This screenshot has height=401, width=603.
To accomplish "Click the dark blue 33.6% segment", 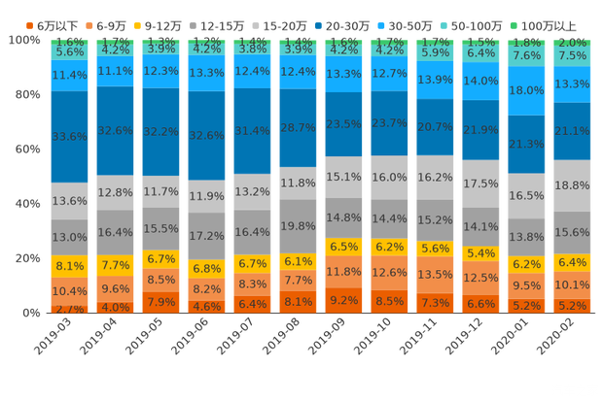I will point(69,136).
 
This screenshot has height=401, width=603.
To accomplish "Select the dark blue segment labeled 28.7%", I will point(298,128).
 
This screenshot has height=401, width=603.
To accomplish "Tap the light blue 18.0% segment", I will point(526,90).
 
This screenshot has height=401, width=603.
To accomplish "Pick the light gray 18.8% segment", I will point(572,185).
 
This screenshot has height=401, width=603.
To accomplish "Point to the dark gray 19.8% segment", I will point(298,226).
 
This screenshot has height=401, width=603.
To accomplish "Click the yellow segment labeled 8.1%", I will point(69,265).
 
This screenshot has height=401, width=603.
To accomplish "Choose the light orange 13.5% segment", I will point(435,274).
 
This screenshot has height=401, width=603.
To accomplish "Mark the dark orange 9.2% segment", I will point(343,300).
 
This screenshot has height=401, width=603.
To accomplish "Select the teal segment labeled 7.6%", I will point(526,56).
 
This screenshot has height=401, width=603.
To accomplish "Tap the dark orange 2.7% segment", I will point(69,309).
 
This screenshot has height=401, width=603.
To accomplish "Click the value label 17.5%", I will point(480,184).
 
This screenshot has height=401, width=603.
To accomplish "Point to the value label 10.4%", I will point(69,291).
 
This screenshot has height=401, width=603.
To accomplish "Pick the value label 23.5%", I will point(343,124).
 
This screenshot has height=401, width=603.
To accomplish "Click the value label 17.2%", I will point(206,236).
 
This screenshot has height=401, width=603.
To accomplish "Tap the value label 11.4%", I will point(69,75).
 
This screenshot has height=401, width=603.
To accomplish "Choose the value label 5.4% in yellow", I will point(480,253).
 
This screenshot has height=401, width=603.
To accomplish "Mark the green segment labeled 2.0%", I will point(572,43).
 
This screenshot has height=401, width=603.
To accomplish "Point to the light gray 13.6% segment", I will point(69,201).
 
